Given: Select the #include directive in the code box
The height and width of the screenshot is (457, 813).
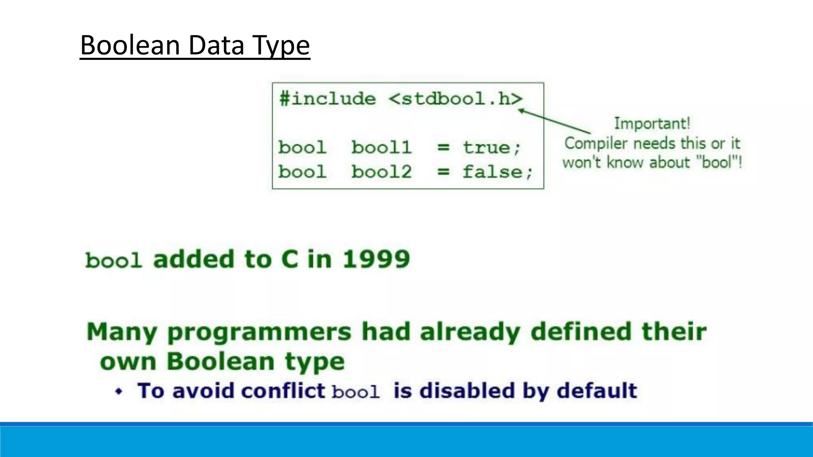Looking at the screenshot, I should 328,99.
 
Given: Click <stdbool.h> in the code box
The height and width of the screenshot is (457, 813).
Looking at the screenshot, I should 455,99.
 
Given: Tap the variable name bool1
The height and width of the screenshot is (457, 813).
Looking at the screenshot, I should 381,148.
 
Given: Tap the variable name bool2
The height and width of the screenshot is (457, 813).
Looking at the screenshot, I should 381,172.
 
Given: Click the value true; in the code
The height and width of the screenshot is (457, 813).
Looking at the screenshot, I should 491,148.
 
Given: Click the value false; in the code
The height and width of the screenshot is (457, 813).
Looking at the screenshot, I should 497,172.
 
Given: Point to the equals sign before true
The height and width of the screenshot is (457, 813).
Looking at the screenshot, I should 443,148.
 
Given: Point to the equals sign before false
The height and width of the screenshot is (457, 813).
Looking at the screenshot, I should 443,172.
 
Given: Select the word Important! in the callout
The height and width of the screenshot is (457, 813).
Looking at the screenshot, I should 652,123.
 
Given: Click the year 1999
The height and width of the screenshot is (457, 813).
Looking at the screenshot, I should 376,259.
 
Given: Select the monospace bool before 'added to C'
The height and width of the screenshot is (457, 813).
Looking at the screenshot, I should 114,261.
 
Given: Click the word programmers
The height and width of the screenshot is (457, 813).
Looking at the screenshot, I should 259,332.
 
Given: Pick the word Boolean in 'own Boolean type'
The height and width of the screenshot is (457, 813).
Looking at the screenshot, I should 220,361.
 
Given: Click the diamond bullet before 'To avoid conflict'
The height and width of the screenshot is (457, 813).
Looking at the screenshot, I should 119,392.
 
